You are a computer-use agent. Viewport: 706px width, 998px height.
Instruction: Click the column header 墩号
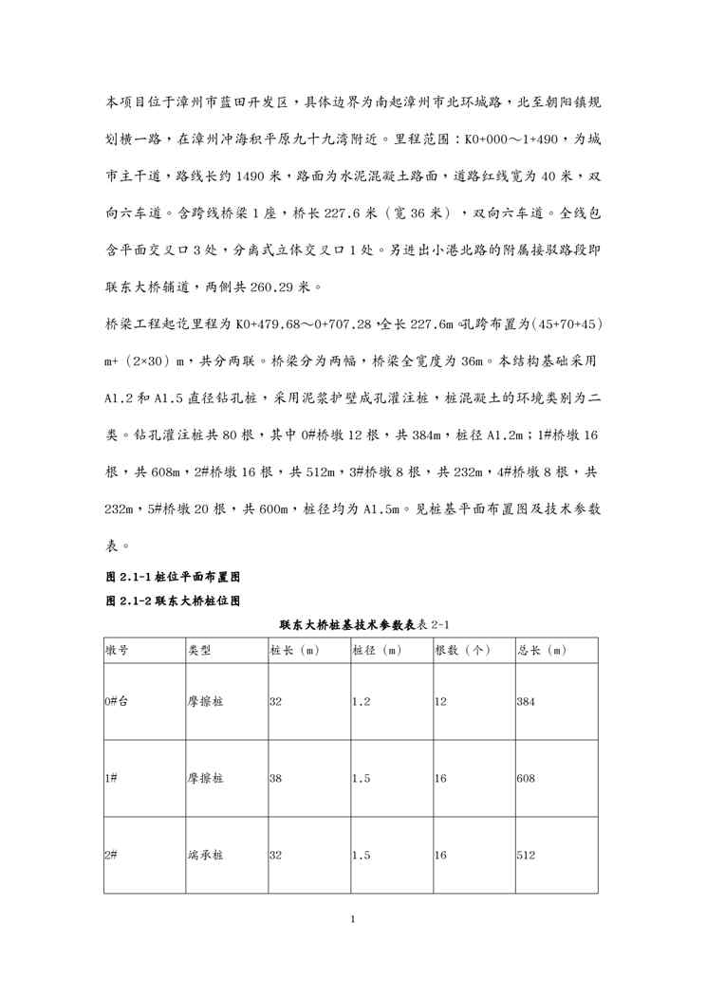[x=118, y=650]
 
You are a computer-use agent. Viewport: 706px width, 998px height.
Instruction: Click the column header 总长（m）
[x=541, y=650]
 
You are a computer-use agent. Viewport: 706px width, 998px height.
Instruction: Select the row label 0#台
[x=118, y=702]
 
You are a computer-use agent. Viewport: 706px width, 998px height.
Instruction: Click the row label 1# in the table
[x=111, y=778]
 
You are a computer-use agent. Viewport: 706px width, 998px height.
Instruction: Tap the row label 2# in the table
[x=111, y=855]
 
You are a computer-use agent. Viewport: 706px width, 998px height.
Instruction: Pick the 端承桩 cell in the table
[x=205, y=855]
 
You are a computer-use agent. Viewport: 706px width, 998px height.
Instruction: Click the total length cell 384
[x=527, y=702]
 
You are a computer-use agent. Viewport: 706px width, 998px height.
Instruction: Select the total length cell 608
[x=527, y=778]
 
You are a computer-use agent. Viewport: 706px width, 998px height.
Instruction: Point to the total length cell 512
[x=527, y=855]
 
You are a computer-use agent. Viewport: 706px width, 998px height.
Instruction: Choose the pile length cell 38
[x=276, y=778]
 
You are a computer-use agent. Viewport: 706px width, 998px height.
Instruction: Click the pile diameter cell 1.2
[x=361, y=702]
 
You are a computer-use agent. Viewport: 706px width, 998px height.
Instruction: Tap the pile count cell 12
[x=440, y=702]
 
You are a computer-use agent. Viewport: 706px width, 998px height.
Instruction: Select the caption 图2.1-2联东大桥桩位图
[x=172, y=601]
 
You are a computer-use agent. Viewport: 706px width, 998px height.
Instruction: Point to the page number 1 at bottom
[x=352, y=919]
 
